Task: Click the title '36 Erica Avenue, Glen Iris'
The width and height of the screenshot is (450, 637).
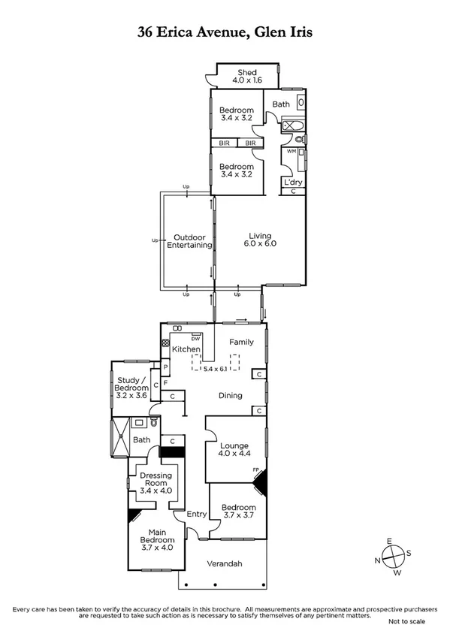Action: coord(225,32)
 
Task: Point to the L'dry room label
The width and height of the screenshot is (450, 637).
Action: coord(291,182)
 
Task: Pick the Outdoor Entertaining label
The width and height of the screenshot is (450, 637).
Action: coord(189,241)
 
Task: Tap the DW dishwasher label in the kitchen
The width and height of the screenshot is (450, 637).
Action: coord(195,339)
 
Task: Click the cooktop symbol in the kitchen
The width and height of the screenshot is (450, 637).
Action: coord(166,343)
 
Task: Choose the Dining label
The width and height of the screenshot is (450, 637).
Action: coord(230,395)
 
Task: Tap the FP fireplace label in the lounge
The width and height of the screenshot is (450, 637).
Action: coord(256,471)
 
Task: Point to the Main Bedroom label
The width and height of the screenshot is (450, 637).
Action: coord(156,543)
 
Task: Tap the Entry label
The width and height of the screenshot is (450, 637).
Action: coord(196,514)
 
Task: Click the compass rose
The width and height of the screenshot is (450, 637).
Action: coord(393,556)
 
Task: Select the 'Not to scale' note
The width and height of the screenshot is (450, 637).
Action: coord(407,621)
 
